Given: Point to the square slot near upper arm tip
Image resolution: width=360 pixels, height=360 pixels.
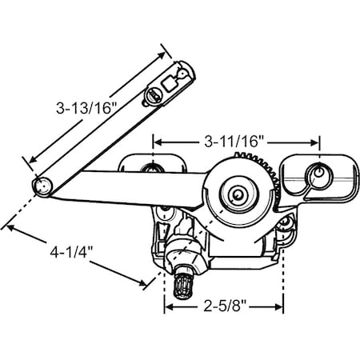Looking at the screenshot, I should [170, 82].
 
